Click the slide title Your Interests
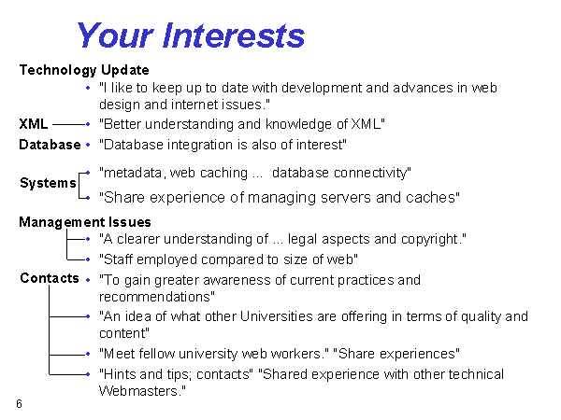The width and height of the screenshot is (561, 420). coord(191,35)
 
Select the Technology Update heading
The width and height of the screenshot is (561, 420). coord(84,70)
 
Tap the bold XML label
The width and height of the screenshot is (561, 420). coord(34,124)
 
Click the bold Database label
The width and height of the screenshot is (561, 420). coord(50,145)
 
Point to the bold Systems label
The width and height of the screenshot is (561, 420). coord(48,183)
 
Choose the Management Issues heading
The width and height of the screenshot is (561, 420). coord(85,222)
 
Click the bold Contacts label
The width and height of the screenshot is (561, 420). coord(50,278)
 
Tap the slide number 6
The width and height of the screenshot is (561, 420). coord(19,404)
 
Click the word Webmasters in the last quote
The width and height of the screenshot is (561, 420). coord(138,391)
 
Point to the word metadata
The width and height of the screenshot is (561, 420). coord(133,173)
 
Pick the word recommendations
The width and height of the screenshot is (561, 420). coord(155,297)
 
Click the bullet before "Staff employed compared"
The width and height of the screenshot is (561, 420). coord(88,259)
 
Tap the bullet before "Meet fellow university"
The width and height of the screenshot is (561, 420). coord(88,354)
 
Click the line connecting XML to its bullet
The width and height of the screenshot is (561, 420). coord(69,124)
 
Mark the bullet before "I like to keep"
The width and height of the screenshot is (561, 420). coord(88,88)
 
